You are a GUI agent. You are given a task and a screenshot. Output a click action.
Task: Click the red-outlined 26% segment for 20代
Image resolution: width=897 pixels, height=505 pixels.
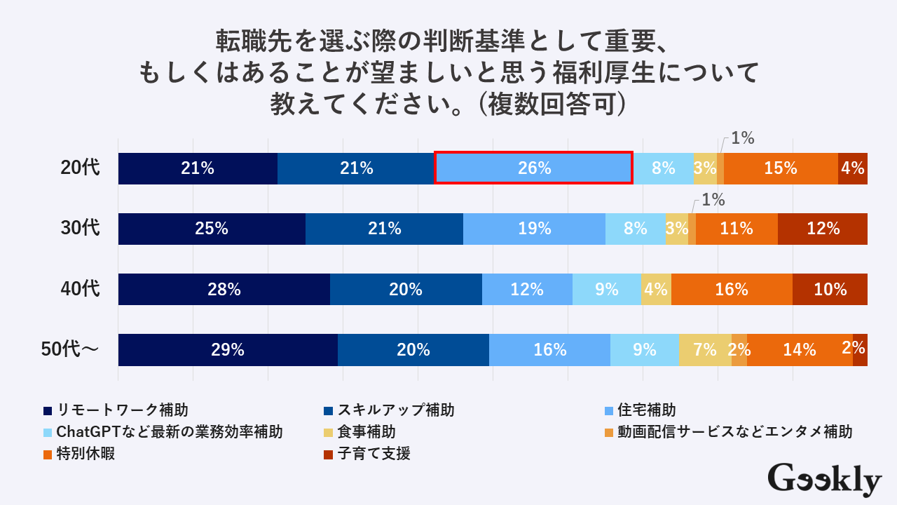(533, 168)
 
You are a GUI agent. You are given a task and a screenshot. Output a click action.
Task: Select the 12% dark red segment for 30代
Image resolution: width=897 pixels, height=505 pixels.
(823, 229)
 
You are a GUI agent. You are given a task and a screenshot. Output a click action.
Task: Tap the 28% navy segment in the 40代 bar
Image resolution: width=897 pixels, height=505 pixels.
(224, 289)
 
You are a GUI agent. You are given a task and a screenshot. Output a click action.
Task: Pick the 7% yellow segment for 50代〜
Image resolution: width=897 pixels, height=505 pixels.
(705, 350)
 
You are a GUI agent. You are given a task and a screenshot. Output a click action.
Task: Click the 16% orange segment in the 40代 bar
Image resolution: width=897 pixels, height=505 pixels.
(732, 289)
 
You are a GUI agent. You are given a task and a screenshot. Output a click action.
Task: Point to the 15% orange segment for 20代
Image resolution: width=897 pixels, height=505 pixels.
(781, 168)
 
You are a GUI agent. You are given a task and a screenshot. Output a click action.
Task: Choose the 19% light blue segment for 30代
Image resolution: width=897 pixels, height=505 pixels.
(534, 229)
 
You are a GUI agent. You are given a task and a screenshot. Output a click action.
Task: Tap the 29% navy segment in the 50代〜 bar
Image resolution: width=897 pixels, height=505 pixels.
(228, 350)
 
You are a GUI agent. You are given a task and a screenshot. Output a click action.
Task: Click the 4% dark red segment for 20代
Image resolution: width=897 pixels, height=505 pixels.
(853, 168)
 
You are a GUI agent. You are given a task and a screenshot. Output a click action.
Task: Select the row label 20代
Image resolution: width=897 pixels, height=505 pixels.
(81, 168)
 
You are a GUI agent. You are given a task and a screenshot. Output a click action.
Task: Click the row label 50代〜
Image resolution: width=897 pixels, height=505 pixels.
(70, 350)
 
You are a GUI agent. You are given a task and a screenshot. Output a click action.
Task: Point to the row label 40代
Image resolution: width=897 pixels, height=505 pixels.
(81, 289)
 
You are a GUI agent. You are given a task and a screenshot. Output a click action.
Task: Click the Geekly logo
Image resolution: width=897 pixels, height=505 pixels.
(824, 480)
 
